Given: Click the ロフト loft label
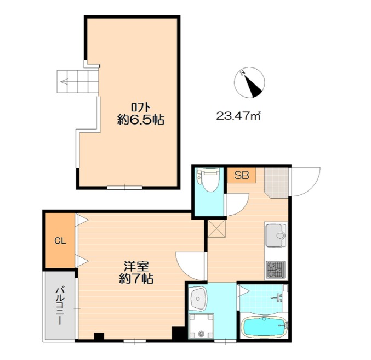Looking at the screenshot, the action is coord(141,108).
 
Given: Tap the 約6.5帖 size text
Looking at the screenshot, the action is coord(141,120).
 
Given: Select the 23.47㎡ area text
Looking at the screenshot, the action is coord(238,116).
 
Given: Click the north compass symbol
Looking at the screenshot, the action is coord(249,82).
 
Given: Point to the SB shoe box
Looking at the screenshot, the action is coord(242,176).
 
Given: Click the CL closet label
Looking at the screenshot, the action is coord(60,241).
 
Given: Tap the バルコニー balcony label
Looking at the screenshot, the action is coord(60,306).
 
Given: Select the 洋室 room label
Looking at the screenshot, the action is coord(136,267).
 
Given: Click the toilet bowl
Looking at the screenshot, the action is coord(208,180).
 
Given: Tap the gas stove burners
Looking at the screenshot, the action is coord(276,269).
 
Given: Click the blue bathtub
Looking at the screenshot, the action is coord(264,327).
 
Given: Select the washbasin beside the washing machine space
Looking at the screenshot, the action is coord(199,299).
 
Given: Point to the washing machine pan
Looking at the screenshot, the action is coord(201,326).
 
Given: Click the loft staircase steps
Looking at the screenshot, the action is coord(77,82).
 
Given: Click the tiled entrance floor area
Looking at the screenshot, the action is coord(276,183).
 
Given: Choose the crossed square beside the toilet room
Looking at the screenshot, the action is coord(217,228).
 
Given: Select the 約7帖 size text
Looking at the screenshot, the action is coord(136,279).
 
